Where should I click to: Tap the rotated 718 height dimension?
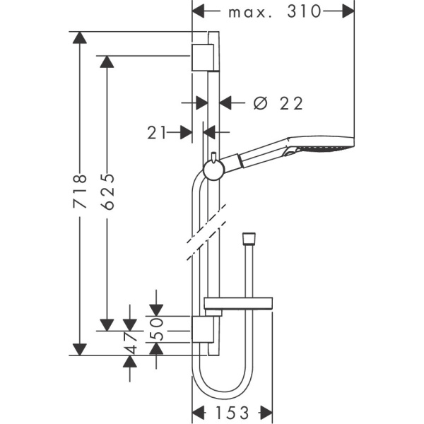(80, 192)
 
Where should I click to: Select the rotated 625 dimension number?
(107, 192)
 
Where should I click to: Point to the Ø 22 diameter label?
(278, 103)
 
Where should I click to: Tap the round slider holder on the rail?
(213, 169)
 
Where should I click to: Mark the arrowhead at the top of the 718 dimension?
(80, 38)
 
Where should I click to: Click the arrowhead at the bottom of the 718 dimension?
(80, 348)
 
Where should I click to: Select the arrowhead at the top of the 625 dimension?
(107, 62)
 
